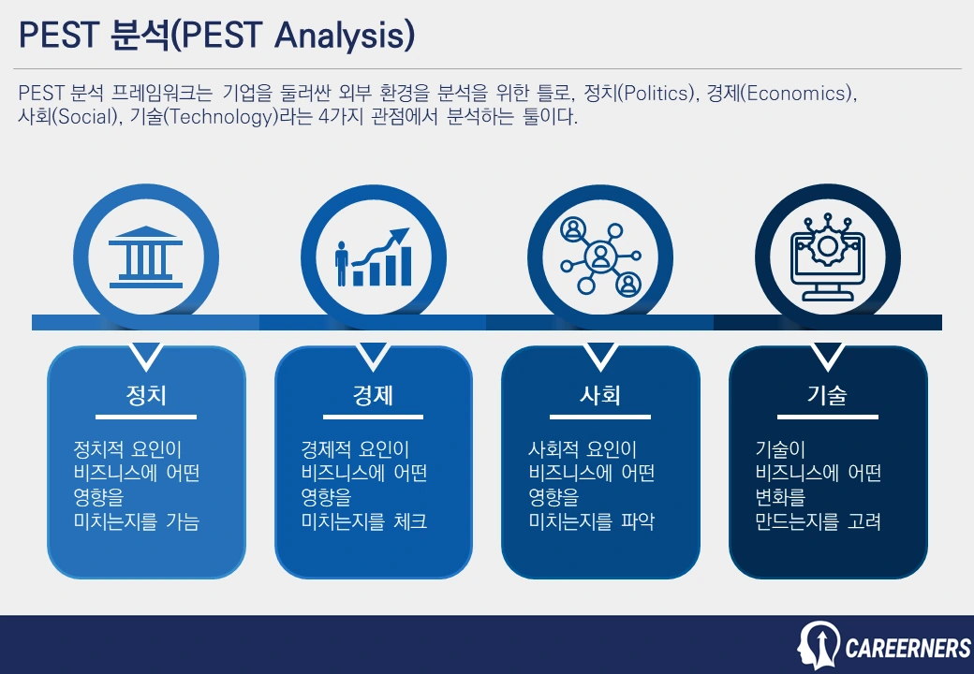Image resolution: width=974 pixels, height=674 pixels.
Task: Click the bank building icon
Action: (146, 256)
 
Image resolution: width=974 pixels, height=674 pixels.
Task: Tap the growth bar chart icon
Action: (373, 256)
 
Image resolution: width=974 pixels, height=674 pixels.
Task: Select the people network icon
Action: (600, 256)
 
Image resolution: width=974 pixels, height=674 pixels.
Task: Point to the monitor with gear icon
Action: (827, 256)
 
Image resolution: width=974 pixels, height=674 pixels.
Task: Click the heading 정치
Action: (146, 395)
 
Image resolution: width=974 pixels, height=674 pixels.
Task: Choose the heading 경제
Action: (373, 395)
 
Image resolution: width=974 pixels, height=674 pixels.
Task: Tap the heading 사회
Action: (600, 395)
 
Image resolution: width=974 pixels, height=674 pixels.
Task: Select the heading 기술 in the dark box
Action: (827, 395)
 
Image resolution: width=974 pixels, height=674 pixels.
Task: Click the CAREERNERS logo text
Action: (908, 649)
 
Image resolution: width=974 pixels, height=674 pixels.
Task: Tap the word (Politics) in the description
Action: (657, 93)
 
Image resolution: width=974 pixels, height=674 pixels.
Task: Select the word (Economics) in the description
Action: (799, 93)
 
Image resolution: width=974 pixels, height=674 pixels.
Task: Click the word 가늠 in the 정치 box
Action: (183, 521)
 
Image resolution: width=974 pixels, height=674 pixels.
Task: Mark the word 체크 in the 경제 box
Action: (410, 521)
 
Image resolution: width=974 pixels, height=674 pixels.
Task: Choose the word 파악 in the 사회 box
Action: (638, 521)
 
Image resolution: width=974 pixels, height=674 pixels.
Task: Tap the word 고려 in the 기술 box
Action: (864, 521)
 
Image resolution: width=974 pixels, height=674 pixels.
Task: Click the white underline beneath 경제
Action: (373, 418)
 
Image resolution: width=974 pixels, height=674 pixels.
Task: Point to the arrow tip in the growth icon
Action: (408, 229)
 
